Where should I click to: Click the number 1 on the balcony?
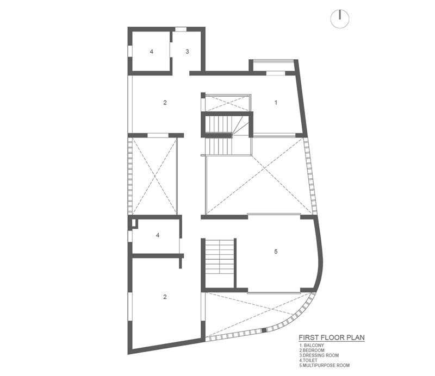click(276, 103)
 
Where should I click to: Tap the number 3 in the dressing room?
click(187, 52)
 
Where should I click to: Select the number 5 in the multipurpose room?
click(276, 252)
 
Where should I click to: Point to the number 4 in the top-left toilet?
click(152, 52)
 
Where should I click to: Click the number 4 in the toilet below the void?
click(158, 235)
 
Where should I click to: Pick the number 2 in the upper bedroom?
click(165, 103)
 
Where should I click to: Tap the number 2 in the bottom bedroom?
click(165, 297)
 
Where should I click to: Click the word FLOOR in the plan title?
click(330, 337)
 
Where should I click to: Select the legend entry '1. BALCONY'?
click(312, 346)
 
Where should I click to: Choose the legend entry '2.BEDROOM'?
click(312, 350)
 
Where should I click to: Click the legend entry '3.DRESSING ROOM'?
click(319, 355)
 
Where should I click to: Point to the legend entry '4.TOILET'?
click(308, 360)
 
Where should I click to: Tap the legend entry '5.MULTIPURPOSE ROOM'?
click(324, 366)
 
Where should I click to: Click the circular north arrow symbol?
click(340, 19)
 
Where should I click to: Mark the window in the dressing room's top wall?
click(181, 29)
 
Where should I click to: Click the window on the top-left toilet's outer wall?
click(129, 52)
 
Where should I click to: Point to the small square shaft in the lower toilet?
click(134, 223)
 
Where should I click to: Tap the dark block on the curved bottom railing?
click(264, 330)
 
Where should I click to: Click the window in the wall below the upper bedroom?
click(158, 135)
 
